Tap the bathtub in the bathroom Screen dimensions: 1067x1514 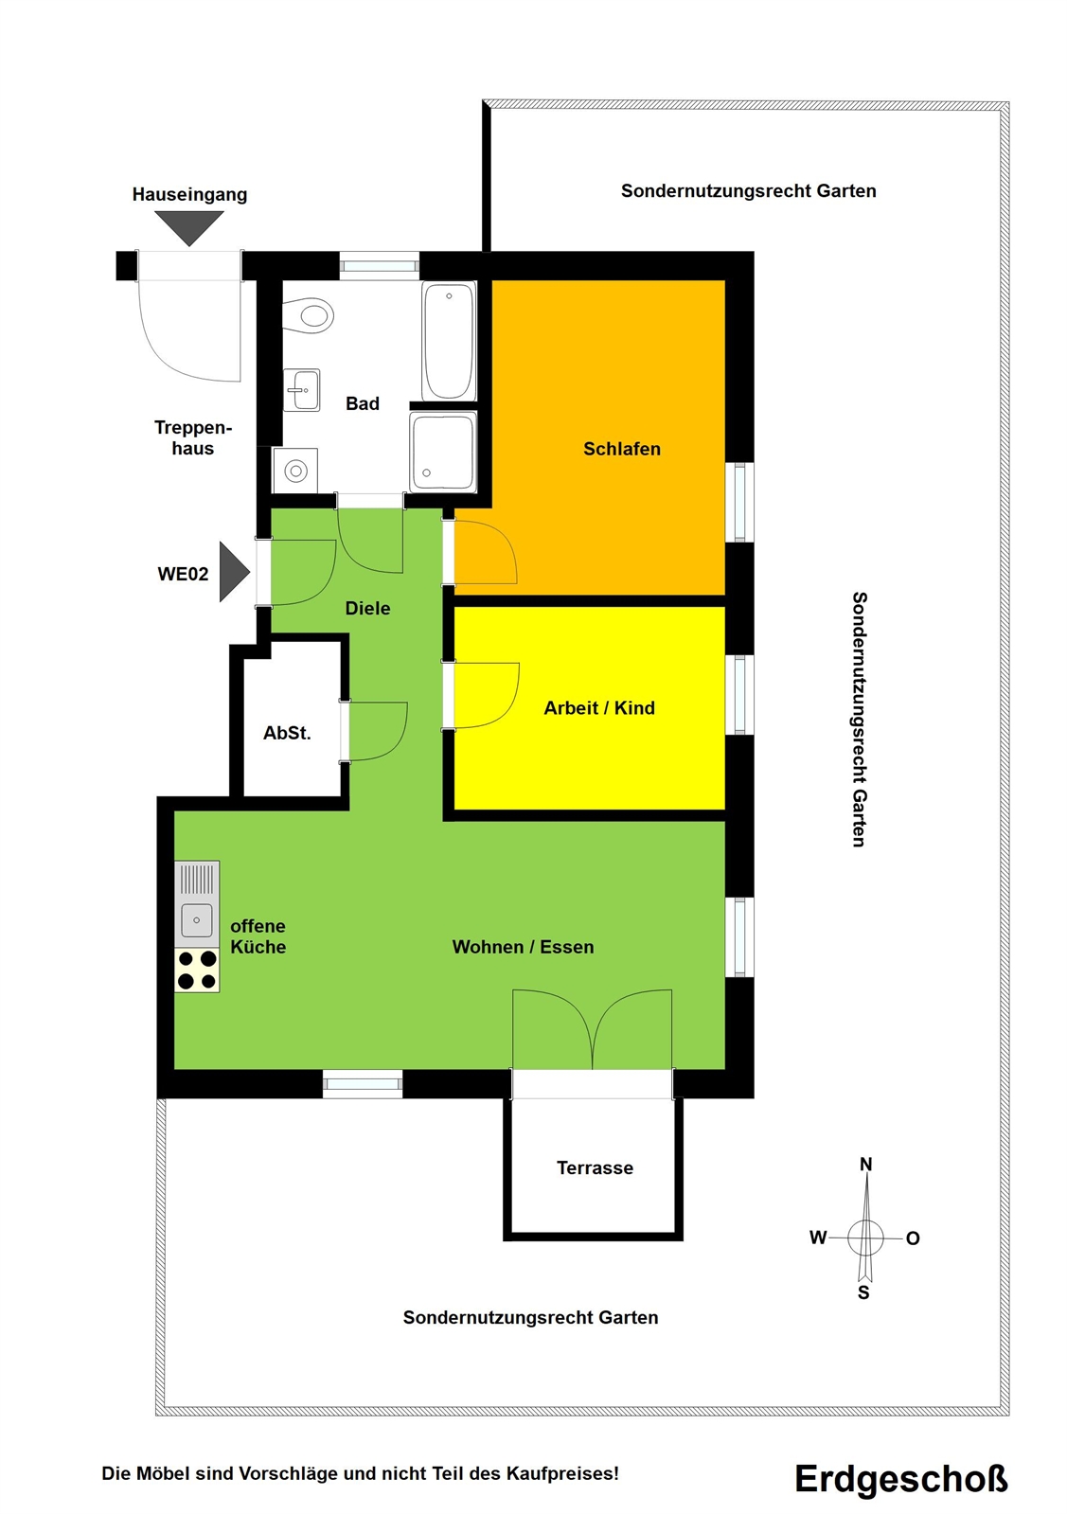click(449, 341)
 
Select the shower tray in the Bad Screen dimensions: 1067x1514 click(443, 453)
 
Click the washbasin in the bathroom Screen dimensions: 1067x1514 click(301, 390)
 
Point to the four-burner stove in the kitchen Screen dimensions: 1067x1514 click(197, 970)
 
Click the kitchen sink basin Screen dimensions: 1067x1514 click(197, 920)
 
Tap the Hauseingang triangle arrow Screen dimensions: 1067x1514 click(189, 228)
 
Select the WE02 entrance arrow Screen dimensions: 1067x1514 click(235, 572)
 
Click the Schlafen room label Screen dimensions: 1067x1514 click(622, 449)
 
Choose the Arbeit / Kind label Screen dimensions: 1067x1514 click(599, 707)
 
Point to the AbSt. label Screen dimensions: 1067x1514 click(287, 733)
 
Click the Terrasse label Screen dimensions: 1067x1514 click(595, 1168)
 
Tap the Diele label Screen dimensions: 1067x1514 click(367, 608)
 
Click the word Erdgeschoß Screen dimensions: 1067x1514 click(900, 1478)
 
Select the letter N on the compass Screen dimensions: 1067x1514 click(865, 1164)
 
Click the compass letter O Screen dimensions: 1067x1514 click(913, 1238)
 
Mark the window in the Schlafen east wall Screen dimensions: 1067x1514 click(740, 502)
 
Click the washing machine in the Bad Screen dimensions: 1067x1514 click(295, 471)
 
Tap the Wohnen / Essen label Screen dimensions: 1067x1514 click(523, 947)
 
